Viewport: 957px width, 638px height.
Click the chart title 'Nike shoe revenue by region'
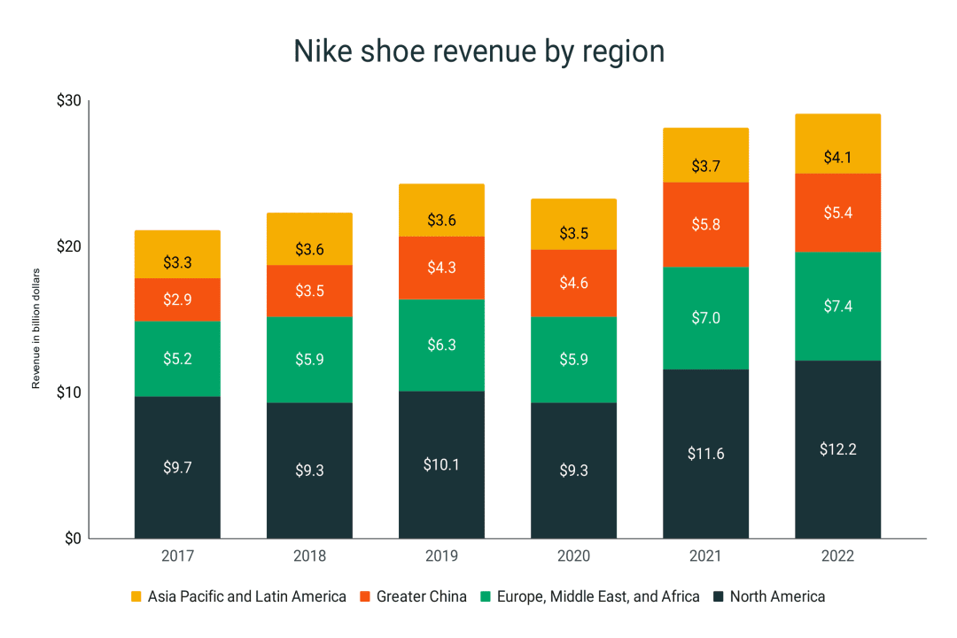(x=478, y=51)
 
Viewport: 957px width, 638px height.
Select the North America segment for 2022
(x=837, y=449)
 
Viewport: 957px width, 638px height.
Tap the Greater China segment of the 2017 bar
(x=177, y=300)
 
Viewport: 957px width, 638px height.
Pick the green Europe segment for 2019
(x=441, y=345)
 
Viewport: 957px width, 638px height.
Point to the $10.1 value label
(x=441, y=464)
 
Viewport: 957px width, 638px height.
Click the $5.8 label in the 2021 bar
(x=705, y=224)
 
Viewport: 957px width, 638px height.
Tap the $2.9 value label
(x=177, y=300)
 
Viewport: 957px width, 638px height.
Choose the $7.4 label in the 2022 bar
(x=837, y=307)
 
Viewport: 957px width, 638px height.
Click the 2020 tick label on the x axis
(x=573, y=556)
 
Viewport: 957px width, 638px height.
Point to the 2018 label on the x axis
(x=309, y=556)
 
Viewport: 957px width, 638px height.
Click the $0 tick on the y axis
(x=72, y=538)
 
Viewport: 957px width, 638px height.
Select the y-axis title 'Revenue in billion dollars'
(x=36, y=328)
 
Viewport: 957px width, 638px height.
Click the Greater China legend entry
(x=413, y=596)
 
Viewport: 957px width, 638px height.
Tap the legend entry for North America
(x=768, y=596)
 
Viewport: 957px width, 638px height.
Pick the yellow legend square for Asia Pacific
(x=136, y=596)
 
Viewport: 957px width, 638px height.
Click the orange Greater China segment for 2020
(x=573, y=283)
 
